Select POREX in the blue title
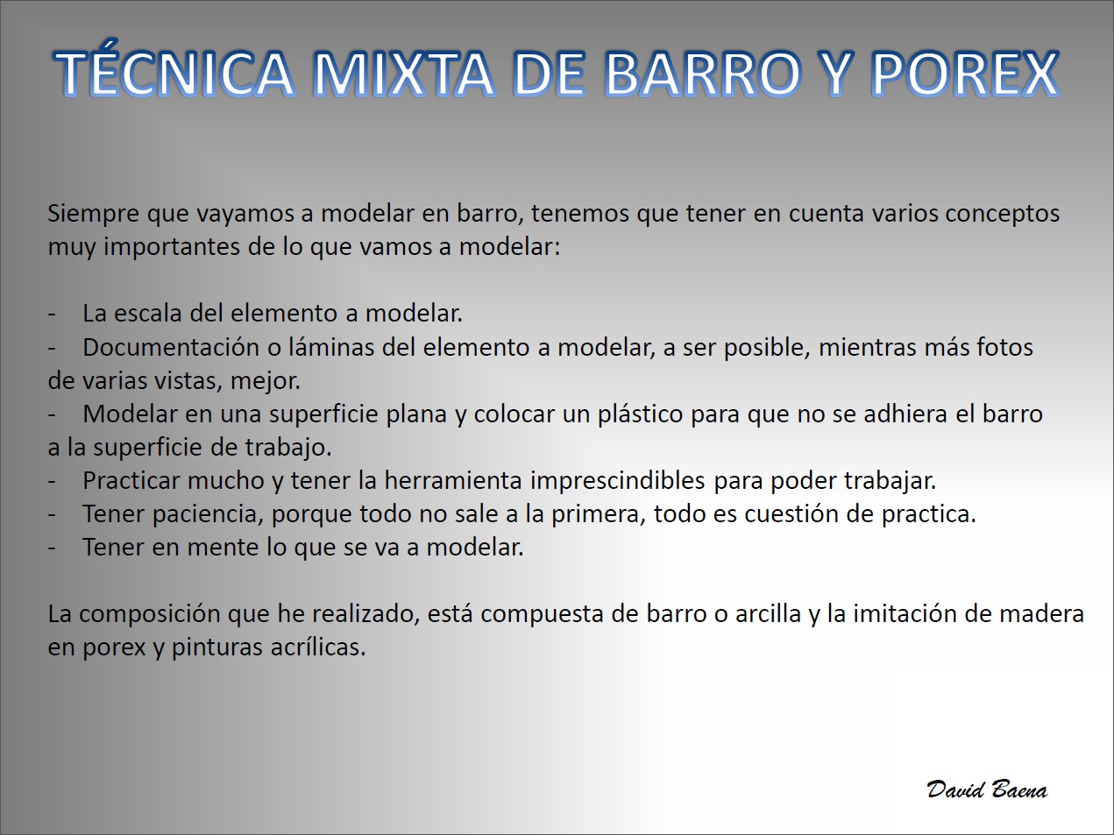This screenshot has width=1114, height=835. click(x=965, y=73)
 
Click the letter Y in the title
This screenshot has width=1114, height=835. click(x=833, y=73)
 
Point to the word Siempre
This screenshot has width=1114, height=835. click(x=94, y=214)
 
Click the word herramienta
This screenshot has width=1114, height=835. click(x=453, y=480)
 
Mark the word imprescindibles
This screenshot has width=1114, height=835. click(x=617, y=481)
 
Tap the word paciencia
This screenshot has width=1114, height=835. click(x=208, y=514)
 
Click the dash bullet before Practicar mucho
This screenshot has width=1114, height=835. click(x=52, y=482)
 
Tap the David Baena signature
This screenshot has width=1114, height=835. click(x=987, y=789)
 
